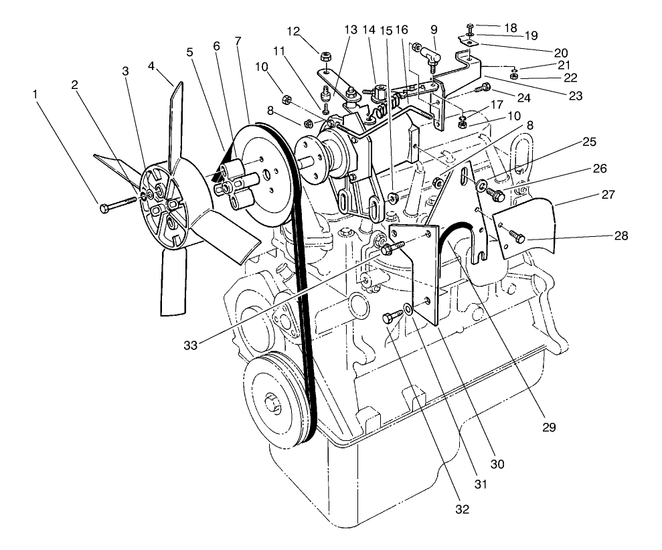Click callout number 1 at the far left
[x=35, y=94]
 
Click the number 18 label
[x=511, y=27]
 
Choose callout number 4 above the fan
[x=151, y=67]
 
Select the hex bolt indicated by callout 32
[x=390, y=318]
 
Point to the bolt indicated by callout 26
[x=496, y=195]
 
